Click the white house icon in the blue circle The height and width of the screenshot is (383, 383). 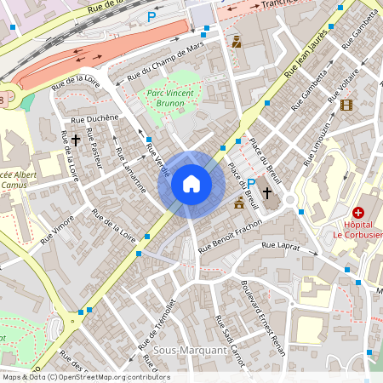click(191, 183)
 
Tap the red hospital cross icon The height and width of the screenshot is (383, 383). click(358, 211)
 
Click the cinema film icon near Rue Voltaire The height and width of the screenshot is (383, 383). click(346, 105)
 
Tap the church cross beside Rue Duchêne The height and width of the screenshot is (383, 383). click(75, 139)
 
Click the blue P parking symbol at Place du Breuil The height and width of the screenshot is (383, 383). click(251, 182)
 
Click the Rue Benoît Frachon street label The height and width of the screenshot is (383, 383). click(229, 236)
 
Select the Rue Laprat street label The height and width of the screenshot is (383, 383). click(280, 246)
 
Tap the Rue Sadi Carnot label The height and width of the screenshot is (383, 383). click(230, 340)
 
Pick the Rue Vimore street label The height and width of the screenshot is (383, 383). click(54, 228)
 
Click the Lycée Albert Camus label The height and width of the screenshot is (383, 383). click(17, 178)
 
